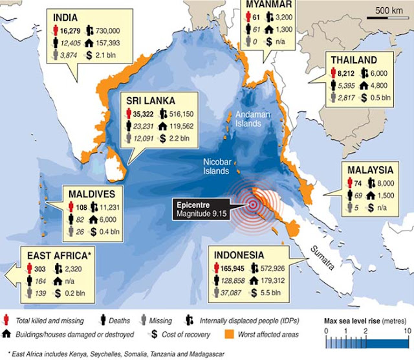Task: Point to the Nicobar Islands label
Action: pos(213,166)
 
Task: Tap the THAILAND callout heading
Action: pos(355,60)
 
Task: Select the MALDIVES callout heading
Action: pos(89,193)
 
